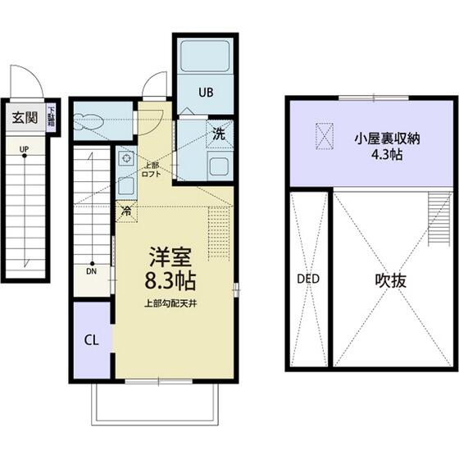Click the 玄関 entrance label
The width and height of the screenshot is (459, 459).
(24, 116)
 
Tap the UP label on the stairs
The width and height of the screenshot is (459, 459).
(25, 149)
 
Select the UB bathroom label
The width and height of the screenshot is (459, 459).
(204, 93)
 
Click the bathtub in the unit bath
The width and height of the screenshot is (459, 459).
(205, 57)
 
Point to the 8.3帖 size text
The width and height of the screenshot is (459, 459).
(170, 281)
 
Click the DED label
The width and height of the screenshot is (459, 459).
(307, 279)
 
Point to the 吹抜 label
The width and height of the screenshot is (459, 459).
(391, 279)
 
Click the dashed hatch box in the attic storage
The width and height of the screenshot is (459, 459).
(326, 135)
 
